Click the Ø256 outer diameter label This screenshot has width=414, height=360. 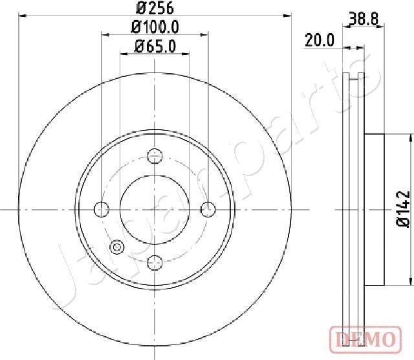(x=154, y=10)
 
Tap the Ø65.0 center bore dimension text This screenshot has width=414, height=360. (x=154, y=45)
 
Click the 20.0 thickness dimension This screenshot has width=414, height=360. (x=319, y=41)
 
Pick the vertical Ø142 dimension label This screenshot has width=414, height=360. (x=402, y=208)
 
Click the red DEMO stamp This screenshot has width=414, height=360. (x=365, y=338)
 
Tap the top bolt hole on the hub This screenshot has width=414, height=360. (x=154, y=155)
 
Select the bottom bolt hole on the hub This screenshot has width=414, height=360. (x=154, y=262)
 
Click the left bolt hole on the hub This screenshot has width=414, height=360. (x=101, y=208)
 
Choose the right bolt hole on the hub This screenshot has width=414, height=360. (x=207, y=208)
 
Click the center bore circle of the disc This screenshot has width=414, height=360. (x=154, y=208)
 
